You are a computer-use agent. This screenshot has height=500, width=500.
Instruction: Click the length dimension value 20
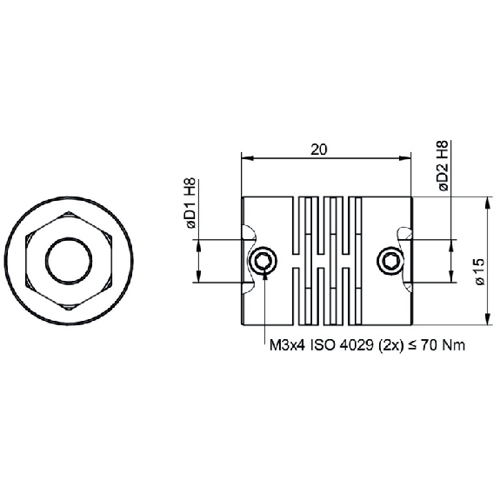319,150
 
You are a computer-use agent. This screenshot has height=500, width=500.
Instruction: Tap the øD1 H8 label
191,203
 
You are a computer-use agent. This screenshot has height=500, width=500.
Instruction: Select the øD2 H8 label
443,165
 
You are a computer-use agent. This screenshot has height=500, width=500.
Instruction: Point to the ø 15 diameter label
479,271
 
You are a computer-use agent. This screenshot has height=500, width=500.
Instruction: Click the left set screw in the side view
263,261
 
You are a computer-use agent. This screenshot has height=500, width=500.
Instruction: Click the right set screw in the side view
390,261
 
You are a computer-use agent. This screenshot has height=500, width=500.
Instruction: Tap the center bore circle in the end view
69,261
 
